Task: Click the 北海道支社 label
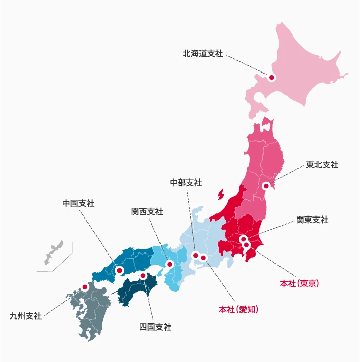tap(203, 53)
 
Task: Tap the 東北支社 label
tap(322, 165)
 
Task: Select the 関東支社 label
tap(312, 220)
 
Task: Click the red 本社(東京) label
tap(299, 282)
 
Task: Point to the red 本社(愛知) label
tap(238, 309)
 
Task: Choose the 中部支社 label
tap(186, 183)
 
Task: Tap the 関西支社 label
tap(147, 212)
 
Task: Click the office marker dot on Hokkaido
tap(271, 78)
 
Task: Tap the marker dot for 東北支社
tap(266, 186)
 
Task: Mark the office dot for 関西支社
tap(170, 264)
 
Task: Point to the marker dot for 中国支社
tap(119, 270)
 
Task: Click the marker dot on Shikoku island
tap(143, 276)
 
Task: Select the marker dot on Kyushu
tap(85, 287)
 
